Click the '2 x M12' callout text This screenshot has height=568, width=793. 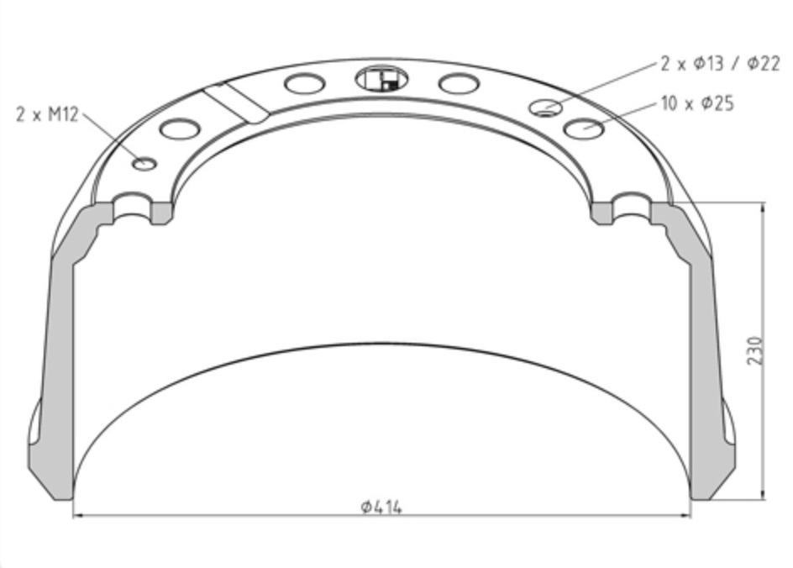click(47, 114)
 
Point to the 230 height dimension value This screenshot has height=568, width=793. click(755, 350)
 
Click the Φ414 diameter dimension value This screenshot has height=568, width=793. click(381, 507)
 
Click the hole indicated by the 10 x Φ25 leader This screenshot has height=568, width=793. click(584, 129)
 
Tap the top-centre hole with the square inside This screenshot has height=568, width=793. click(381, 80)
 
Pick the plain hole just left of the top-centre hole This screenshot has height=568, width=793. click(304, 83)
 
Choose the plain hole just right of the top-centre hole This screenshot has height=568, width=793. click(459, 83)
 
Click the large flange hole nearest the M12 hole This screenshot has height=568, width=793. click(180, 129)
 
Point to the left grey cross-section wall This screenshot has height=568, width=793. click(59, 353)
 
